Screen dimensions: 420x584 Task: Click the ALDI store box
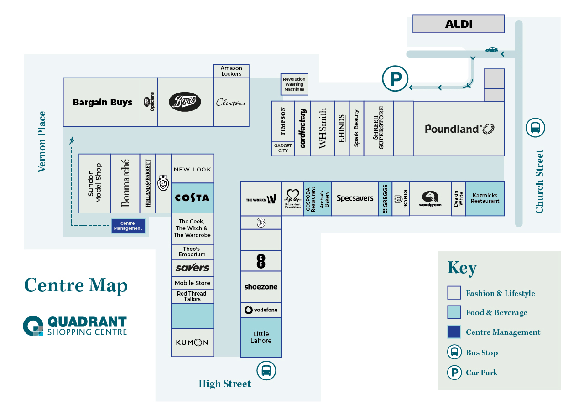coord(458,24)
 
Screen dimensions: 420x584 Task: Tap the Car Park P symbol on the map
coord(395,78)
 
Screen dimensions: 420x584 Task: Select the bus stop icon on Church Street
coord(535,128)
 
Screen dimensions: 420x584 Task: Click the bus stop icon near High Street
coord(266,370)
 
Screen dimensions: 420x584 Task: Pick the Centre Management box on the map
coord(128,226)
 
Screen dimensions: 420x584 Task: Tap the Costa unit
coord(192,198)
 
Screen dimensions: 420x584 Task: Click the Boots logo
coord(185,102)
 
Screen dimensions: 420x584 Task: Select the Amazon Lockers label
coord(231,71)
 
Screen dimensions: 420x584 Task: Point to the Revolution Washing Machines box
coord(294,84)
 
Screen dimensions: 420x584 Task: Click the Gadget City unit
coord(283,149)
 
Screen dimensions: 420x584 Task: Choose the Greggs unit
coord(385,199)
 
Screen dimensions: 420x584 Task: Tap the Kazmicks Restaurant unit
coord(485,198)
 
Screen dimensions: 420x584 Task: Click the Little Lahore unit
coord(261,337)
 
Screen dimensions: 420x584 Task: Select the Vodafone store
coord(261,310)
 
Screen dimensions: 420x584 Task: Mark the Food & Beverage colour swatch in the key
coord(454,312)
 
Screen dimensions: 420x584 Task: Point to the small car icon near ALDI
coord(491,50)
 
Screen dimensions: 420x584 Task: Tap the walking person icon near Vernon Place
coord(72,140)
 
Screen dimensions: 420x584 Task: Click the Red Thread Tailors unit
coord(192,296)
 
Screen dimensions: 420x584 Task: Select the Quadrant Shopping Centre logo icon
coord(33,326)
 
